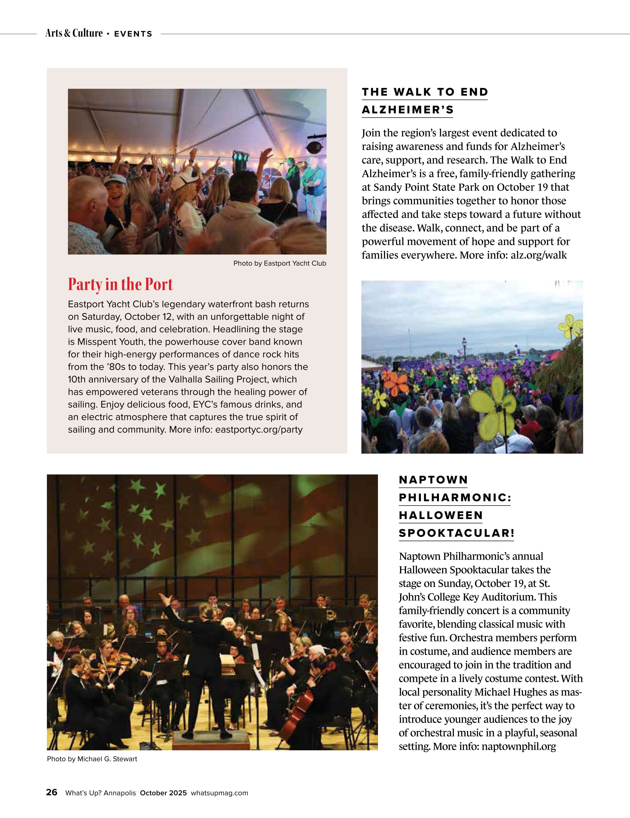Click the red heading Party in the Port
120,284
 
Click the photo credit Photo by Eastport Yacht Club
279,263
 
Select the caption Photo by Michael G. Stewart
92,759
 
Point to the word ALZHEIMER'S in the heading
408,110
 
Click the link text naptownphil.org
518,747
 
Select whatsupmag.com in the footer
219,793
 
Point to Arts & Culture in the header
74,33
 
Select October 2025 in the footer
163,793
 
